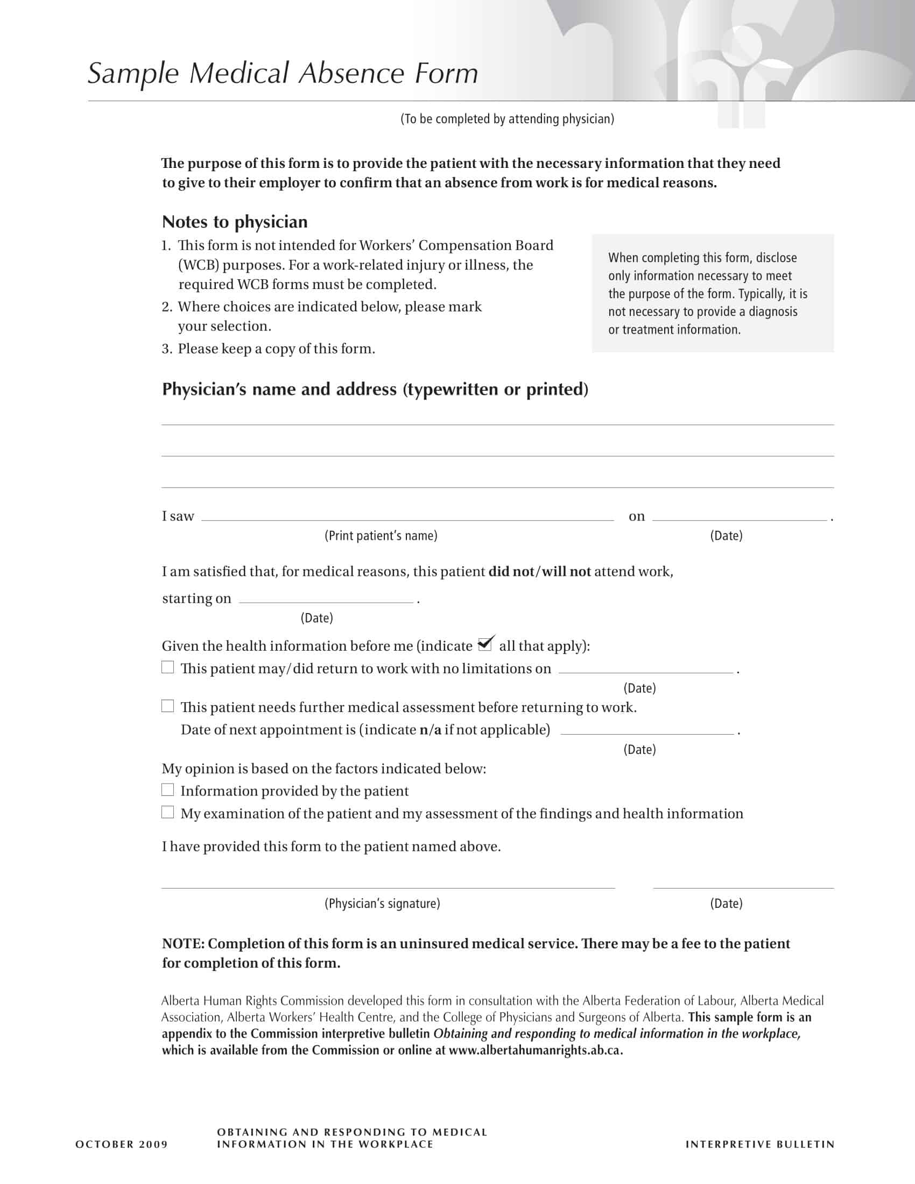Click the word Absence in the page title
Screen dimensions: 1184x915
351,73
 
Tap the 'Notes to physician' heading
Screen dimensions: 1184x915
235,222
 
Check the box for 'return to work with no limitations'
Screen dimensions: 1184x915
167,667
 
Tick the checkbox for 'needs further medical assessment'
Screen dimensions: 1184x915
167,706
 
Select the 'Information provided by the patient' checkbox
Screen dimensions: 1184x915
167,790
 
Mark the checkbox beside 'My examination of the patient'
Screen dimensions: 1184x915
167,812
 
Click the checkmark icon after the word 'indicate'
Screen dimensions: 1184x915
485,644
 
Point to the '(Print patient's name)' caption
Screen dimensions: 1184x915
381,535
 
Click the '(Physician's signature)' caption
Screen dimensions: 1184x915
382,904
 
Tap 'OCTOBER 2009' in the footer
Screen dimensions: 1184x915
122,1144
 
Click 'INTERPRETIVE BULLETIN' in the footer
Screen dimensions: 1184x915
760,1144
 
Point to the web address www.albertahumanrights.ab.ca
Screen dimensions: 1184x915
534,1051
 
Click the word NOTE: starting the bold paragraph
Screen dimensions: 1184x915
183,944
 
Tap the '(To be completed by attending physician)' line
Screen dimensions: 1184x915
507,119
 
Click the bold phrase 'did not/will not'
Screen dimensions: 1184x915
539,572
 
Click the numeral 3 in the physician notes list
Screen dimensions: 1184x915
166,349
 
